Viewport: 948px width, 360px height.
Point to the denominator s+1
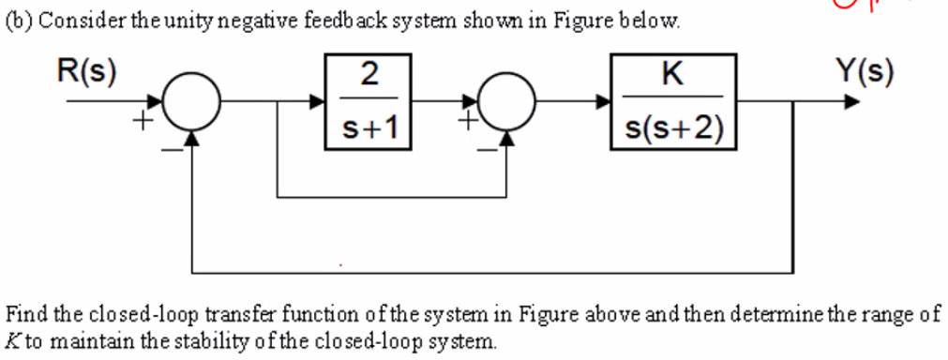coord(369,128)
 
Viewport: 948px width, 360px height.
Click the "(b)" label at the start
coord(18,21)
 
